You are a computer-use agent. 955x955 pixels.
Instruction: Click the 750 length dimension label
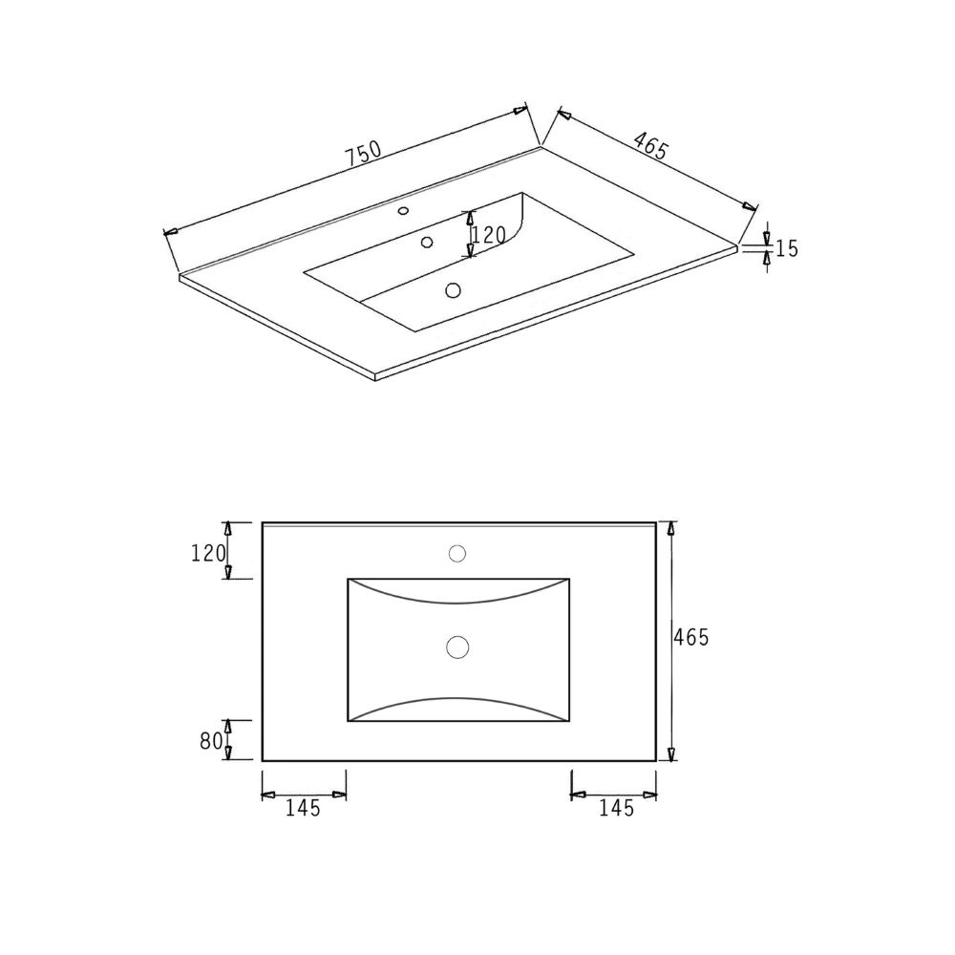[364, 154]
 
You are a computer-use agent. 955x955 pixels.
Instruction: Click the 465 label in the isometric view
[651, 146]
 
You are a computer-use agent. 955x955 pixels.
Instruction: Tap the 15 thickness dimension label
[786, 248]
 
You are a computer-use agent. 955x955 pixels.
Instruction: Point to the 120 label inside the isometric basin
[489, 235]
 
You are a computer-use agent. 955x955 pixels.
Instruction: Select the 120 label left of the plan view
[208, 553]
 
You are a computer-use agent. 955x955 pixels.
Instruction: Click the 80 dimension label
[210, 741]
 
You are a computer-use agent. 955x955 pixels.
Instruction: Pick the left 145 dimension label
[303, 808]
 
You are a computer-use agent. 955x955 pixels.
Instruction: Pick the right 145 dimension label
[617, 808]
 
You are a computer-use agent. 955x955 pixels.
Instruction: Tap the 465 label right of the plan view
[691, 637]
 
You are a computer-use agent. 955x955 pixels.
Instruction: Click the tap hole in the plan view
[457, 554]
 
